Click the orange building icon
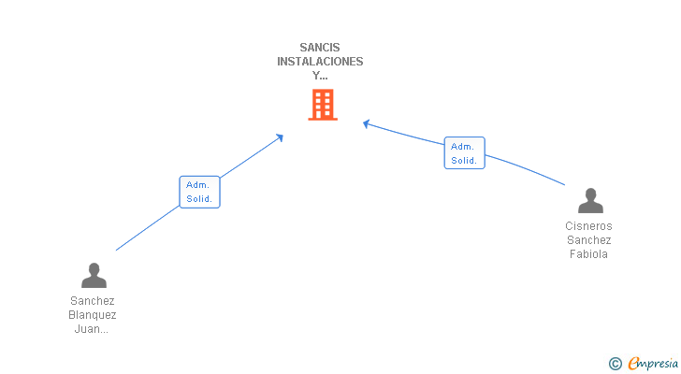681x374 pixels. pos(322,105)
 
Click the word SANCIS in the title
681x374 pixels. pos(320,47)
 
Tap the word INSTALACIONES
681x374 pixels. pos(320,62)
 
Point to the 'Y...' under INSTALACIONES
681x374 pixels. pos(320,76)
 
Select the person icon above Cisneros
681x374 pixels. pos(590,201)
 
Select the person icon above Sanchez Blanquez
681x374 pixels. pos(94,276)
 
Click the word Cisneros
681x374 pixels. pos(589,226)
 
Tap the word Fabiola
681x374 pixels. pos(589,254)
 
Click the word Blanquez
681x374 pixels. pos(93,315)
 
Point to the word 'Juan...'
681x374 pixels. pos(93,329)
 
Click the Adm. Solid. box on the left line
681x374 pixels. pos(199,192)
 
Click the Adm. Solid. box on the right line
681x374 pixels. pos(464,153)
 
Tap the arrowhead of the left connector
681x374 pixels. pos(280,137)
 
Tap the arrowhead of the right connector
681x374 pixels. pos(367,122)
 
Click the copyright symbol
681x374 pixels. pos(615,364)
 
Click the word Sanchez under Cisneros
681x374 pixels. pos(589,240)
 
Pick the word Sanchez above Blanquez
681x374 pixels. pos(93,301)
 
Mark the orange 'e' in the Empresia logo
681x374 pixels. pos(634,364)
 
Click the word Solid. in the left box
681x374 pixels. pos(199,199)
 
